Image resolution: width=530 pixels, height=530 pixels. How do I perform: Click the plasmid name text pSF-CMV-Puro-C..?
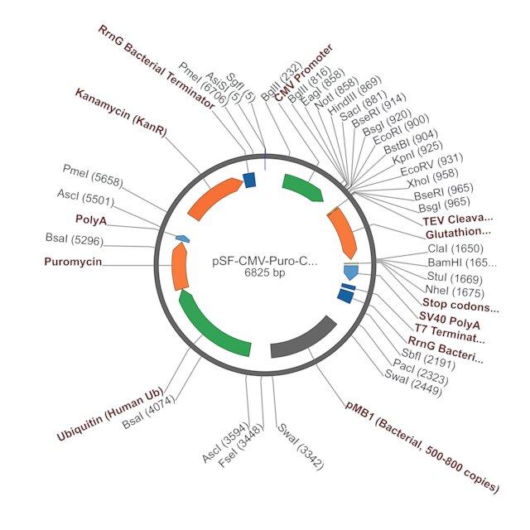pos(265,262)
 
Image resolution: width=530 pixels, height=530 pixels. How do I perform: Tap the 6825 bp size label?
pos(265,272)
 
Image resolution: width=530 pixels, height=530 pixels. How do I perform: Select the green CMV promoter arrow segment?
pos(303,187)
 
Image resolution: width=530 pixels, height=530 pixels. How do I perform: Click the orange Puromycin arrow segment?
pos(180,267)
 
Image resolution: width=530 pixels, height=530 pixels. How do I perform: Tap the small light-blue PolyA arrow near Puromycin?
pos(182,238)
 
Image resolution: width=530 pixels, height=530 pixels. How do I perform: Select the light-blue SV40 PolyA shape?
pos(351,272)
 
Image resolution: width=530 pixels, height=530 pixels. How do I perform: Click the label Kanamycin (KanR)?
pos(121,113)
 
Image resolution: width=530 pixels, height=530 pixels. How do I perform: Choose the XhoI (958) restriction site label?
pos(432,178)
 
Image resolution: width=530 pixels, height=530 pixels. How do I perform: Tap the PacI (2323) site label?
pos(421,372)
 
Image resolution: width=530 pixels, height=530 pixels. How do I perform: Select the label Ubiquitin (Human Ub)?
pos(110,414)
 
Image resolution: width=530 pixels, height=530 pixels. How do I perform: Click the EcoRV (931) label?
pos(431,165)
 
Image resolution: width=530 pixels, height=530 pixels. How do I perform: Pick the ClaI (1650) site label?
pos(455,248)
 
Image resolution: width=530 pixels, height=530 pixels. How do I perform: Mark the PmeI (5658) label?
pos(93,176)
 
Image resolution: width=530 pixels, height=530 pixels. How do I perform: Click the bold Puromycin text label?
pos(73,262)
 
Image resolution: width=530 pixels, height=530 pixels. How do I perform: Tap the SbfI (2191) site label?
pos(428,359)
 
